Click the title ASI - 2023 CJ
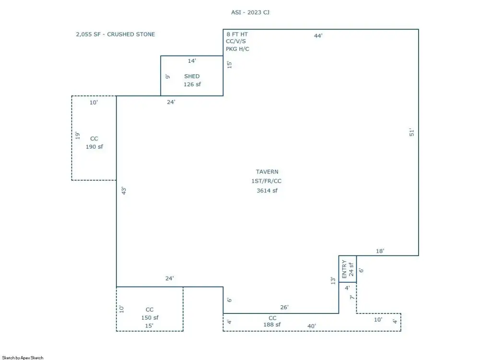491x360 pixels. tap(250, 12)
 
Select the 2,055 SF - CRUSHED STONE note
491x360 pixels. tap(115, 35)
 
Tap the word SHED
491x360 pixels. tap(192, 76)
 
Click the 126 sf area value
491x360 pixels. tap(192, 84)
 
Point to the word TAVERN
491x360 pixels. tap(267, 172)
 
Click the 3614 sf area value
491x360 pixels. tap(267, 191)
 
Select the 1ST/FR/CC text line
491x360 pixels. tap(266, 181)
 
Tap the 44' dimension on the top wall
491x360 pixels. tap(318, 36)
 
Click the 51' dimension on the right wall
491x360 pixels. tap(411, 132)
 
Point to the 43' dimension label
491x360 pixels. tap(124, 191)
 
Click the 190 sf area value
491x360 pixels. tap(94, 147)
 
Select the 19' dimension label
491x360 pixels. tap(78, 135)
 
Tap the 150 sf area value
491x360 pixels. tap(150, 318)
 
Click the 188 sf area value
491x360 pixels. tap(272, 325)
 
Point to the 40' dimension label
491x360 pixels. tap(312, 326)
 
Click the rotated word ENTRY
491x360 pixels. tap(344, 269)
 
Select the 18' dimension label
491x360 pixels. tap(380, 251)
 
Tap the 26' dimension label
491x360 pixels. tap(284, 307)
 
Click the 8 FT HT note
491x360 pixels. tap(237, 35)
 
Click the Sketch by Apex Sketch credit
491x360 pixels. tap(23, 358)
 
